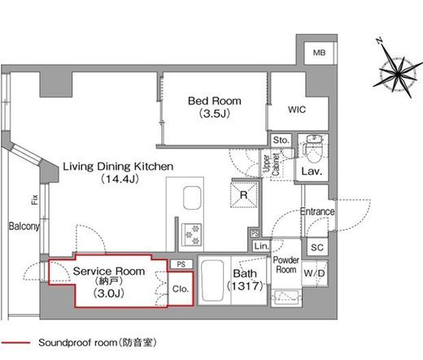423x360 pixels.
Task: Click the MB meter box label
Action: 319,53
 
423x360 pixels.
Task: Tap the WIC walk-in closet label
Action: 297,110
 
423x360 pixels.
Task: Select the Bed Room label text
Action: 215,101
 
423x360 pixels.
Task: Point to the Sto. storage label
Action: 281,140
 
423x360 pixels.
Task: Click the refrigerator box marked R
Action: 244,195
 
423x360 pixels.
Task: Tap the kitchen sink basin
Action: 192,197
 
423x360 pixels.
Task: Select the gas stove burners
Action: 192,234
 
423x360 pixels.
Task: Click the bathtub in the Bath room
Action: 213,280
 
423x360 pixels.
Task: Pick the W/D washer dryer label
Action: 314,273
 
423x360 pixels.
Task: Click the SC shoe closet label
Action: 317,247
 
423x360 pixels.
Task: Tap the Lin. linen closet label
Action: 262,246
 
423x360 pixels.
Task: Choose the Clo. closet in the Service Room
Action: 181,288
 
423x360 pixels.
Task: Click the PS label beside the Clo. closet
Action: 181,264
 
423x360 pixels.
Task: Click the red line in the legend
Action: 15,343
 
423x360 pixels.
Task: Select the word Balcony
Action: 24,226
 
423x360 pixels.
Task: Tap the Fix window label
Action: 35,200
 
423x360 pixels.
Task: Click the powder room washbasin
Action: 286,297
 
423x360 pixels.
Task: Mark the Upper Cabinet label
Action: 271,164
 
